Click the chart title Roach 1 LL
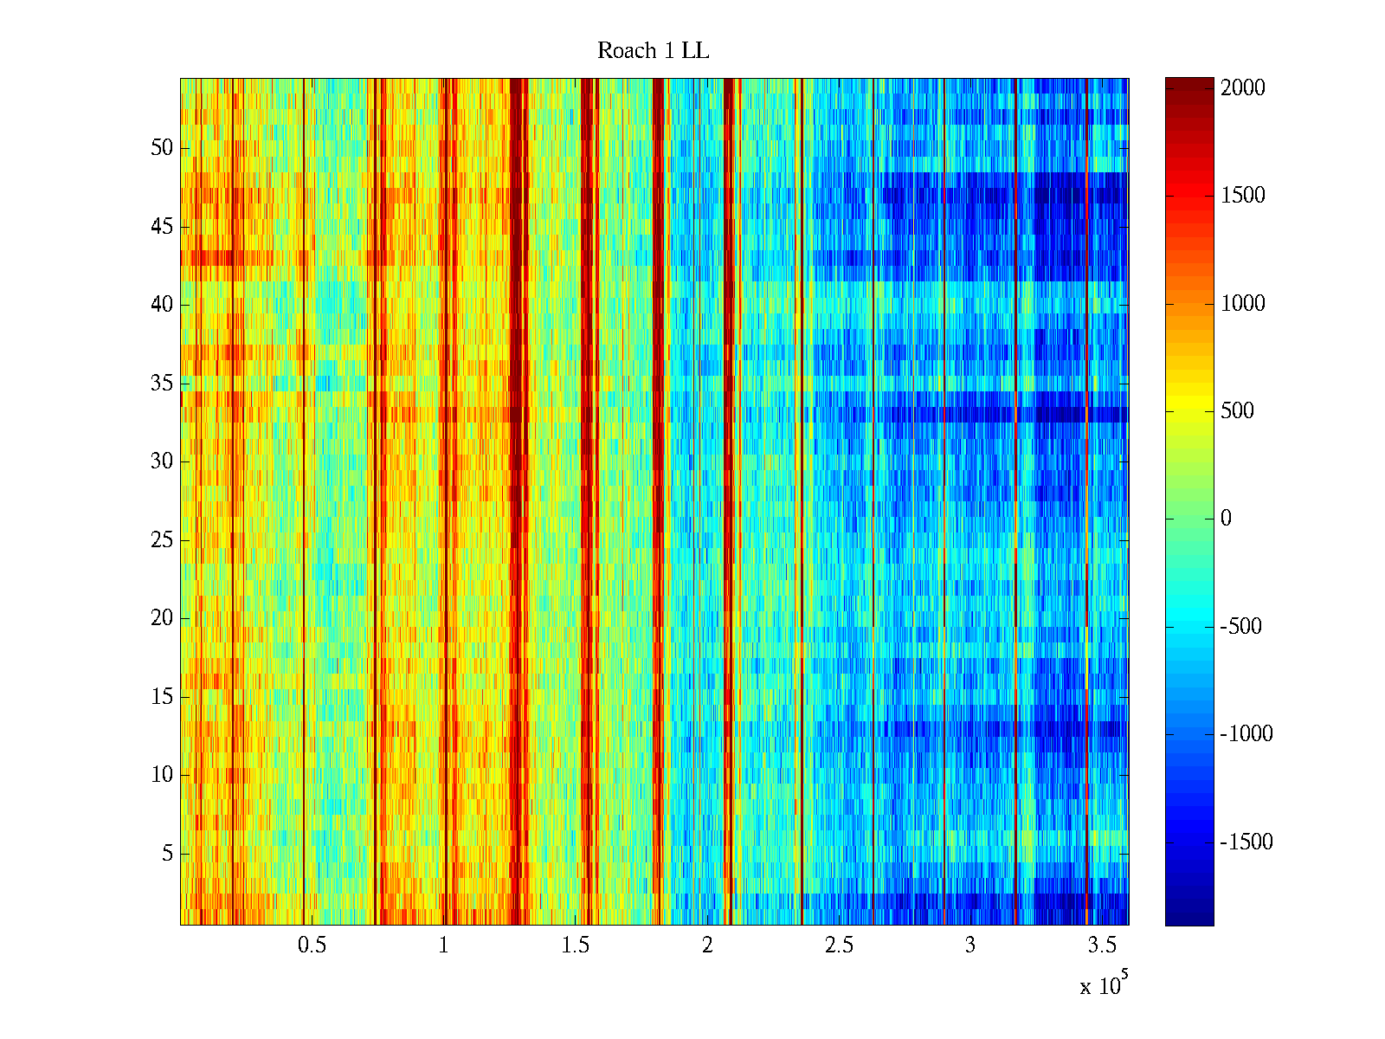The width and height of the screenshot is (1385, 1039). pyautogui.click(x=653, y=51)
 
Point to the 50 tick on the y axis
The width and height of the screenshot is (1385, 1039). pyautogui.click(x=162, y=148)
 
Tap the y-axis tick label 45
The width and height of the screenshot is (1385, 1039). pyautogui.click(x=162, y=227)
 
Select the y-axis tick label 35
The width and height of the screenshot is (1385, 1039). pyautogui.click(x=162, y=384)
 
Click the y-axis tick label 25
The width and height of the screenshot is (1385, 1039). pyautogui.click(x=162, y=540)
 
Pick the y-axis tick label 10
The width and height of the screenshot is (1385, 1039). pyautogui.click(x=162, y=775)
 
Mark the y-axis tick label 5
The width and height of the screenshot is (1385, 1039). pyautogui.click(x=167, y=854)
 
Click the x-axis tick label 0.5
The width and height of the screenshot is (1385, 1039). pyautogui.click(x=312, y=945)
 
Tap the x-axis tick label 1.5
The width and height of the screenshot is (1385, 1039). pyautogui.click(x=575, y=945)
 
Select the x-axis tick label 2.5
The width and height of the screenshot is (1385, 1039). pyautogui.click(x=838, y=945)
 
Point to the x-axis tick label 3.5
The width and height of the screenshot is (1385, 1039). pyautogui.click(x=1101, y=945)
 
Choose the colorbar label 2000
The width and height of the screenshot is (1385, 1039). pyautogui.click(x=1242, y=88)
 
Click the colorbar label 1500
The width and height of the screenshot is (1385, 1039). pyautogui.click(x=1242, y=196)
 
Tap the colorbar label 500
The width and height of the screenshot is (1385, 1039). pyautogui.click(x=1237, y=411)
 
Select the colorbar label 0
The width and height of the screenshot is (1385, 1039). pyautogui.click(x=1226, y=519)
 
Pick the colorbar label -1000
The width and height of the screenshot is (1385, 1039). pyautogui.click(x=1246, y=734)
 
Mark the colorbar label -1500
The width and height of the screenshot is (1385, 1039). pyautogui.click(x=1246, y=842)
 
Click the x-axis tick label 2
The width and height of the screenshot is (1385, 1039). pyautogui.click(x=707, y=945)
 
